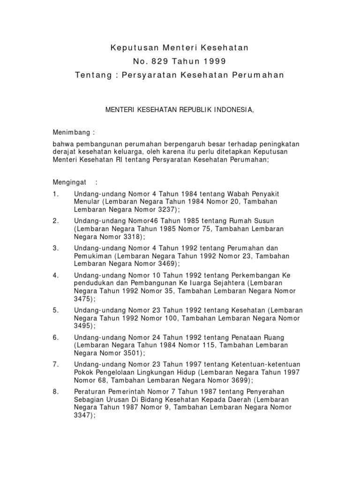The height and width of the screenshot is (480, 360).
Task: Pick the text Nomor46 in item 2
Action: pyautogui.click(x=133, y=221)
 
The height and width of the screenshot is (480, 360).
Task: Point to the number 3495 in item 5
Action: pyautogui.click(x=83, y=326)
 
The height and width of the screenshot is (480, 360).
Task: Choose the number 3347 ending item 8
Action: pyautogui.click(x=83, y=415)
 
